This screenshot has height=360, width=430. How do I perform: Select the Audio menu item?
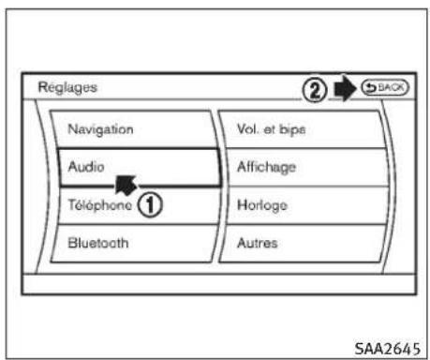[84, 166]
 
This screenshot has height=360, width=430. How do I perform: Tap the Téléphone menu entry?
[98, 203]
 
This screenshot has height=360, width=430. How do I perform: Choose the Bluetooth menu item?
[98, 242]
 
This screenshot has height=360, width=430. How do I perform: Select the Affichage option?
[267, 166]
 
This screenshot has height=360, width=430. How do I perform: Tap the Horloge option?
[262, 203]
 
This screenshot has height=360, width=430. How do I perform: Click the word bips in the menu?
[292, 127]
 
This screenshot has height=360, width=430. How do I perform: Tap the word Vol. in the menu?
[248, 127]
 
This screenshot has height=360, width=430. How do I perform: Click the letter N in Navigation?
[72, 127]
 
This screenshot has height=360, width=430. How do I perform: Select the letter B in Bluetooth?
[72, 242]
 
